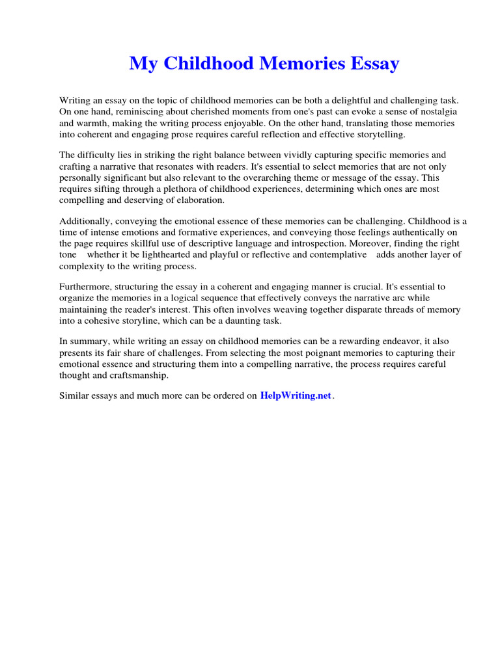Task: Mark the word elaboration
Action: pyautogui.click(x=192, y=200)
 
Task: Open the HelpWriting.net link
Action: pyautogui.click(x=296, y=395)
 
